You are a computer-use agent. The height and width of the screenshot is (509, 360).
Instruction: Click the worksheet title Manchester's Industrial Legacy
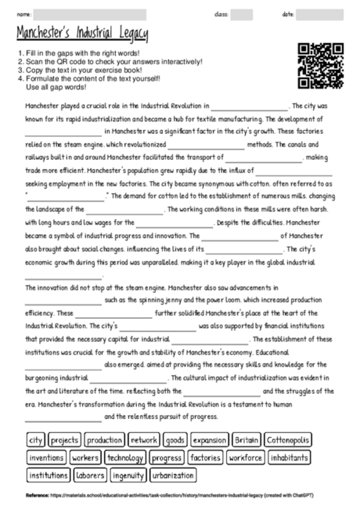tap(82, 34)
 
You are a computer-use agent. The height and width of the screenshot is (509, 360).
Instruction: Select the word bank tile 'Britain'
tap(247, 440)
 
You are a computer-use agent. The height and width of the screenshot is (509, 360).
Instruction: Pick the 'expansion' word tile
tap(209, 440)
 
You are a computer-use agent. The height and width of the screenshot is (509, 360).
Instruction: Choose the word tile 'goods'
tap(175, 440)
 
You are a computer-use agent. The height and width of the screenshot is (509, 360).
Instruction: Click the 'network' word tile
tap(144, 440)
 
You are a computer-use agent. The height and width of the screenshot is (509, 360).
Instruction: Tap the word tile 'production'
tap(105, 440)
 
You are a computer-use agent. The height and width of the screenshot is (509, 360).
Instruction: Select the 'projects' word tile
tap(65, 440)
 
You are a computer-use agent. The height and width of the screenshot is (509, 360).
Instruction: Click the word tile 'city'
tap(36, 440)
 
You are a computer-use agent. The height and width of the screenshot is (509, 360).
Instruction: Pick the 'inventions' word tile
tap(46, 457)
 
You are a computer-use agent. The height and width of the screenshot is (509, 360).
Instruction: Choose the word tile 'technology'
tap(125, 457)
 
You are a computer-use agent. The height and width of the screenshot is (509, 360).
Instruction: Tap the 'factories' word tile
tap(206, 457)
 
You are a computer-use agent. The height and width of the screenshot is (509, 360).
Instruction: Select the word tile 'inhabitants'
tap(292, 457)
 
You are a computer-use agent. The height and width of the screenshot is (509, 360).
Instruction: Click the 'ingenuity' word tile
tap(128, 475)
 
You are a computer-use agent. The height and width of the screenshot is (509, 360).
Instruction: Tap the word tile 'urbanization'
tap(174, 475)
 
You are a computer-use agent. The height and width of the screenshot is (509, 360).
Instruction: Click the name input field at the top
tap(90, 14)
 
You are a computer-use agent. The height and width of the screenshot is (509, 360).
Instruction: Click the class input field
tap(242, 14)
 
